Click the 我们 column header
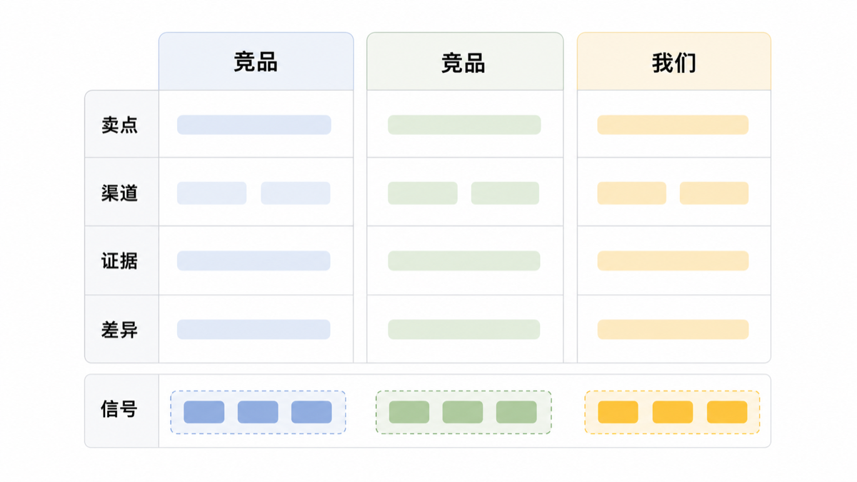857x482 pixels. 673,63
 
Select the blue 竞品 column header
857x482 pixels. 256,62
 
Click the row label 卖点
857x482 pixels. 119,125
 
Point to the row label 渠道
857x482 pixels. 119,193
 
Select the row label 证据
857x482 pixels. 119,261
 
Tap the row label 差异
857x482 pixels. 119,330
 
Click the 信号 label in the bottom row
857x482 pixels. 119,409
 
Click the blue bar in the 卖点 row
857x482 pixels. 254,125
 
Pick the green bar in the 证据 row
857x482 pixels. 464,261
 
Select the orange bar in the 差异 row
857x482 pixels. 673,329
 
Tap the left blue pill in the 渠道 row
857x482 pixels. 211,194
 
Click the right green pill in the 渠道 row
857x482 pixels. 505,194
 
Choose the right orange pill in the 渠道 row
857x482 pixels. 714,194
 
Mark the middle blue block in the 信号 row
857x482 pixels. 258,412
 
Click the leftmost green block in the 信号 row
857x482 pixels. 409,412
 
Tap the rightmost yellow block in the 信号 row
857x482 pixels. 727,412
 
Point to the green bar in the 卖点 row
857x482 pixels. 464,125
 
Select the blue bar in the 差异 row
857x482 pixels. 254,329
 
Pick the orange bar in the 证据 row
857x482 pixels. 673,261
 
